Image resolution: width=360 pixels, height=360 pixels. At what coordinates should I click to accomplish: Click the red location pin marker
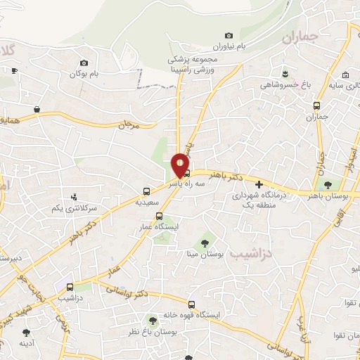(181, 165)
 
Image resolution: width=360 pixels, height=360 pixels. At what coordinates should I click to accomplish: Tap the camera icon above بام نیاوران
(229, 36)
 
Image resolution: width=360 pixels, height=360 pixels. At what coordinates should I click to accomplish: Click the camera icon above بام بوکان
(84, 63)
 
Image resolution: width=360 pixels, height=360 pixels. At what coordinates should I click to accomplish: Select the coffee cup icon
(15, 70)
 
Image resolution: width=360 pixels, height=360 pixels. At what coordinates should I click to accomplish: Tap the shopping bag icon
(37, 110)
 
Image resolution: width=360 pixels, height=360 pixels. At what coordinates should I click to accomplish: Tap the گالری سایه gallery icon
(345, 75)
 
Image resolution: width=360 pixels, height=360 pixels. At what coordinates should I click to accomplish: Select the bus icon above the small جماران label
(317, 106)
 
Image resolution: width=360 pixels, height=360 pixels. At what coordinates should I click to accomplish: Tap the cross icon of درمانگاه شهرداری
(259, 184)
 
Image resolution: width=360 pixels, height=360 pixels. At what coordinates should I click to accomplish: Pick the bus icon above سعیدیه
(146, 191)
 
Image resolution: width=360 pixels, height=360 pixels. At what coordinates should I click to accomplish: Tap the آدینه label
(27, 343)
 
